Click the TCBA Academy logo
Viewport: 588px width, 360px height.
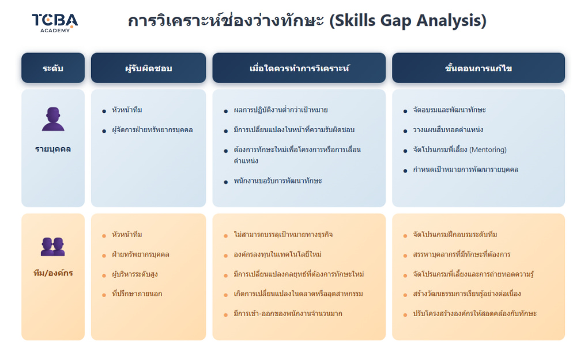tap(55, 23)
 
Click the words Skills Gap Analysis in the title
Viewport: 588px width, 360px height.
tap(408, 21)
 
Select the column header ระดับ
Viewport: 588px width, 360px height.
tap(53, 68)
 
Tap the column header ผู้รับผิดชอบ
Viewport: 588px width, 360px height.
tap(149, 68)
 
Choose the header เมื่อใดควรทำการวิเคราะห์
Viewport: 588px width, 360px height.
tap(299, 68)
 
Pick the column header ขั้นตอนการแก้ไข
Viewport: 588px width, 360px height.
tap(478, 68)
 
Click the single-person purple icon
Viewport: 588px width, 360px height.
tap(53, 119)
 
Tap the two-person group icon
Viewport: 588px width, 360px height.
tap(53, 246)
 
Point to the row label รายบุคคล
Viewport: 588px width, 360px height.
tap(53, 149)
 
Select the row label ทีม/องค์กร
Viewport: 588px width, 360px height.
tap(53, 273)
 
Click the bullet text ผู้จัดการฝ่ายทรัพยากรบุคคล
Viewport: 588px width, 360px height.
tap(152, 130)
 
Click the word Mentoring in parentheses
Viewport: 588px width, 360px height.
tap(488, 150)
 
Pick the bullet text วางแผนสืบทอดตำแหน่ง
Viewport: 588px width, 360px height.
tap(448, 130)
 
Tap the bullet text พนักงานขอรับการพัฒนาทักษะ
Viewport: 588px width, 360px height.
tap(278, 181)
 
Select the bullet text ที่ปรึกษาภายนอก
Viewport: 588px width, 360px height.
tap(137, 294)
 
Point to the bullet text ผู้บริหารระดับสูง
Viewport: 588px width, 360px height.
tap(135, 274)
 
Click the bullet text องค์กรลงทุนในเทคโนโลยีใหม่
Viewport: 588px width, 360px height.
tap(277, 254)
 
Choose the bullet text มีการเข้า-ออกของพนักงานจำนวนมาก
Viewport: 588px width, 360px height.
tap(288, 314)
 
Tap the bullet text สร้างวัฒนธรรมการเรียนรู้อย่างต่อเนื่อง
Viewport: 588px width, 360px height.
tap(467, 294)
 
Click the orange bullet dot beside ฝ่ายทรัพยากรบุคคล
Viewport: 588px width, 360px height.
tap(104, 256)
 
